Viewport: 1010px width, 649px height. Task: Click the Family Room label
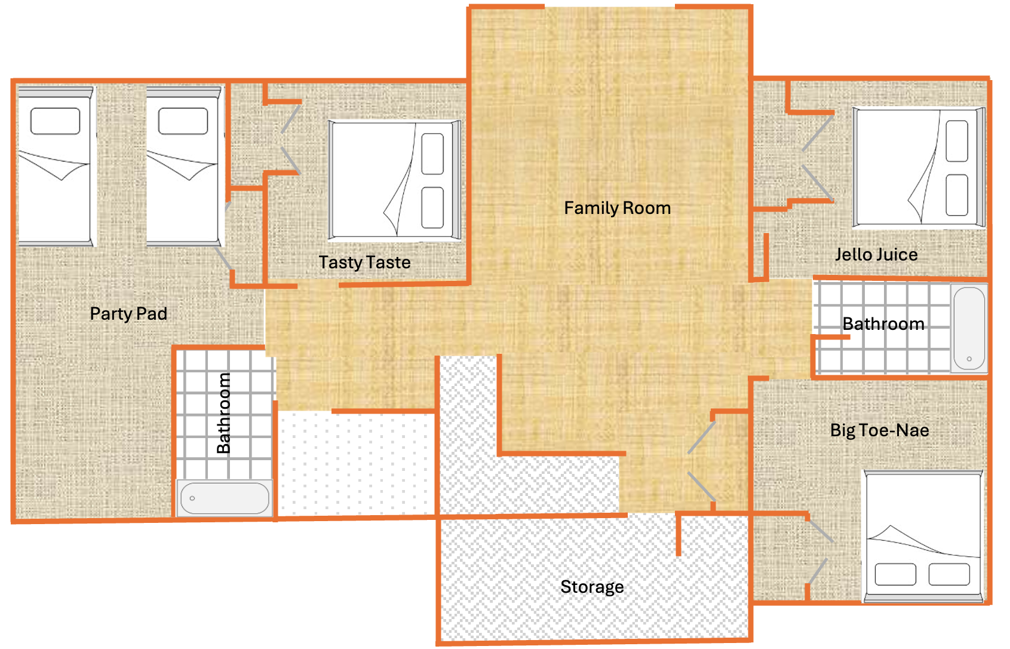(617, 208)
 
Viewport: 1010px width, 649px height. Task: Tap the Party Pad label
(128, 314)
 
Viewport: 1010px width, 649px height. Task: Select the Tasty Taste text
(364, 262)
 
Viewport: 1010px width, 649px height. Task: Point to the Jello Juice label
(876, 255)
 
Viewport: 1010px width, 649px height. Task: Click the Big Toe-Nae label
(879, 430)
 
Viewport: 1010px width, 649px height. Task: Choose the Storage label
(592, 587)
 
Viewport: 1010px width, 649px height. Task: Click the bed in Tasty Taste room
(394, 180)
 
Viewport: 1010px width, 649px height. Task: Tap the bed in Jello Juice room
(918, 167)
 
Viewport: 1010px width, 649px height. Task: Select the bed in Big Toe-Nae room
(923, 536)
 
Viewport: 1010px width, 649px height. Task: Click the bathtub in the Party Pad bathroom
(225, 498)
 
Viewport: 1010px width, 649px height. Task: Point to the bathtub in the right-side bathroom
(969, 328)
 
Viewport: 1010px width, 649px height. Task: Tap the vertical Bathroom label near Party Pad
(223, 413)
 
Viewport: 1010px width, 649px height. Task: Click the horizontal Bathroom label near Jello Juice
(883, 324)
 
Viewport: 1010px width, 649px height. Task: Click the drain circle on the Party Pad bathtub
(192, 498)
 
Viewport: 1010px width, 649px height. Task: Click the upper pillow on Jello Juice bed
(957, 141)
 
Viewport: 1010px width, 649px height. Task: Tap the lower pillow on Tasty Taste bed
(432, 208)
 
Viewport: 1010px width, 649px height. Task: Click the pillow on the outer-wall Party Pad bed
(55, 121)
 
